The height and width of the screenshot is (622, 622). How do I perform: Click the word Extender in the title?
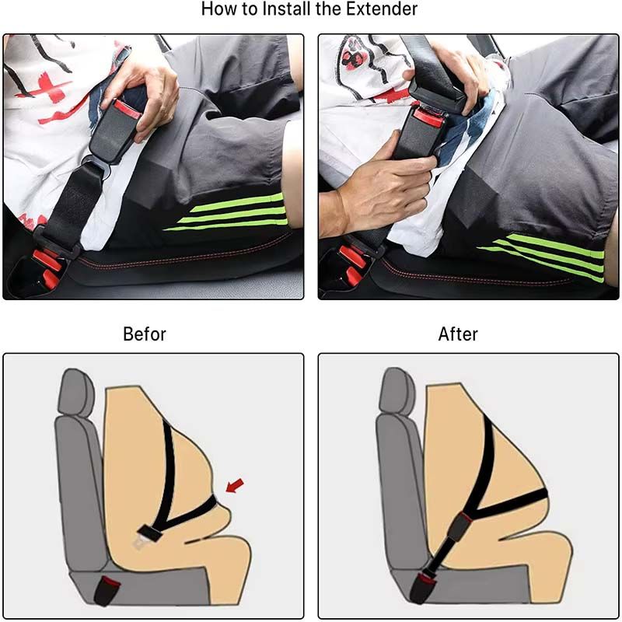click(382, 9)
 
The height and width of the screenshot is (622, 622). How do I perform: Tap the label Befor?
click(145, 334)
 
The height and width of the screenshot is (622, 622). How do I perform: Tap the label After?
click(458, 334)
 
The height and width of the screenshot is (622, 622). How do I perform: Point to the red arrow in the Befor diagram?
click(235, 485)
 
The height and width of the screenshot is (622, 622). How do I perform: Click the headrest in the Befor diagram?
click(76, 393)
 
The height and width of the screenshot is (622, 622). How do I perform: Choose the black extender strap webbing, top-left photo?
click(73, 198)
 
